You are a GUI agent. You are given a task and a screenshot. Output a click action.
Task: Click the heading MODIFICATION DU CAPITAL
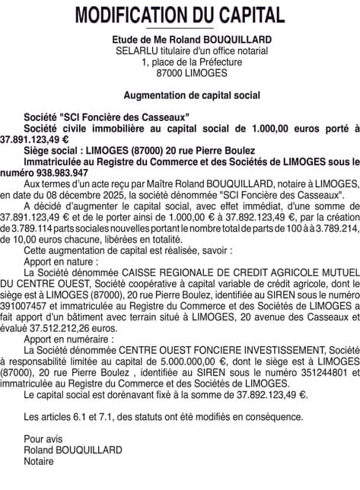click(180, 14)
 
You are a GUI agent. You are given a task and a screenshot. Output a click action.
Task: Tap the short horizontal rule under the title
click(180, 29)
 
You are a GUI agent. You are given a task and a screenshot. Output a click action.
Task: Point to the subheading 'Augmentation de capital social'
click(180, 95)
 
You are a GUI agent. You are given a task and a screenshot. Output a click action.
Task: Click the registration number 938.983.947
click(56, 173)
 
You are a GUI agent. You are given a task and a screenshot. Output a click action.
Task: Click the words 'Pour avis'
click(43, 439)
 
